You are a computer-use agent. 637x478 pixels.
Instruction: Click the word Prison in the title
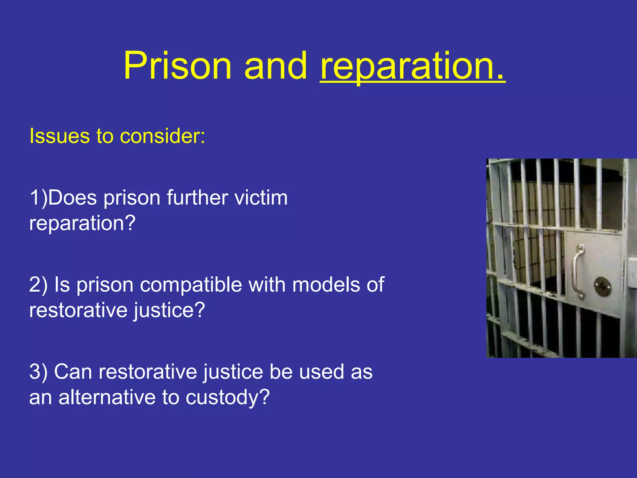click(x=177, y=66)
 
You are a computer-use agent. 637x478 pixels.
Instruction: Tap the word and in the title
click(x=276, y=66)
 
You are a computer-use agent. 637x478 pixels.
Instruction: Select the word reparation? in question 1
click(x=82, y=223)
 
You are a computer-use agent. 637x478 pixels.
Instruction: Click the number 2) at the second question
click(x=38, y=285)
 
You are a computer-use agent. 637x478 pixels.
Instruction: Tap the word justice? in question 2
click(x=170, y=310)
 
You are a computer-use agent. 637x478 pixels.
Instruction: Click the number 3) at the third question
click(x=38, y=372)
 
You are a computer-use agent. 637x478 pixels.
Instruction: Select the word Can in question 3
click(x=73, y=372)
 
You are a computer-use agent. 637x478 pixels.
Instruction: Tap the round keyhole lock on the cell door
click(x=603, y=287)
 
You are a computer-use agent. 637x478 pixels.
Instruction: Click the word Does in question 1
click(x=72, y=198)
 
